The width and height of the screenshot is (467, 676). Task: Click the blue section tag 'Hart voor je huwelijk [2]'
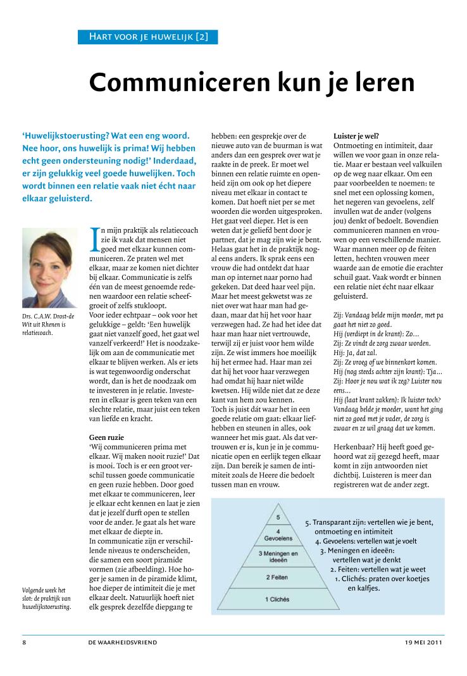click(147, 37)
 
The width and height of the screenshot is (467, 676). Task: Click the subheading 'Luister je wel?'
click(356, 135)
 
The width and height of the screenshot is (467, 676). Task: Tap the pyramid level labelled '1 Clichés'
click(278, 599)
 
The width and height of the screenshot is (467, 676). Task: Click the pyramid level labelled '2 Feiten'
click(277, 577)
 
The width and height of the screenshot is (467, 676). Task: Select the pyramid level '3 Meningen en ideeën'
click(278, 556)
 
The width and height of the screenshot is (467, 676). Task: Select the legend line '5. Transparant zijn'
click(369, 522)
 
